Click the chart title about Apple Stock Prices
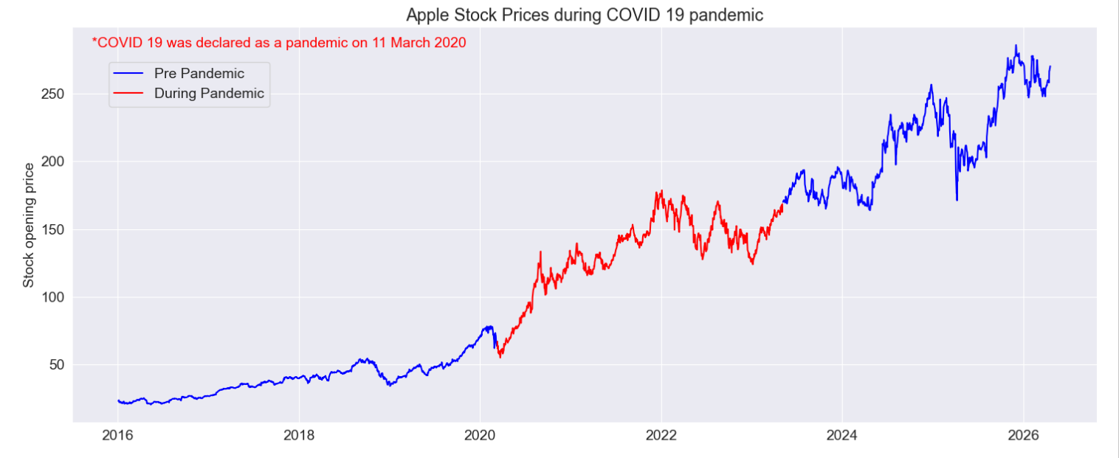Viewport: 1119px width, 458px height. (585, 15)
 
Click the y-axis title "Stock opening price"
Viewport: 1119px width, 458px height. (29, 225)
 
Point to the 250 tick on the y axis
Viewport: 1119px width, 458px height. (53, 94)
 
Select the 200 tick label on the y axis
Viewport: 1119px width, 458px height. (53, 162)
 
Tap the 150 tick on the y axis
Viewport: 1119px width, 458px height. (53, 229)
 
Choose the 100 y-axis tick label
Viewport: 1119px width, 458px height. (53, 297)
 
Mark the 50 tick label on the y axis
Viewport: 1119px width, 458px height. (57, 364)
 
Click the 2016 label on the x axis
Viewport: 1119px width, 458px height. (118, 436)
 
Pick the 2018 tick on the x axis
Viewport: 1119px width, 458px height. (299, 436)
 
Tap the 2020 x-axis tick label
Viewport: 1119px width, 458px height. (480, 436)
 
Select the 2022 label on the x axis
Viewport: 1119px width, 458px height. (661, 436)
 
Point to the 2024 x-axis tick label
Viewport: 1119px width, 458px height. (842, 436)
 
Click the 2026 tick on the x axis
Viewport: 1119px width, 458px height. (1024, 436)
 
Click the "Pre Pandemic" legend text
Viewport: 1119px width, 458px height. (199, 73)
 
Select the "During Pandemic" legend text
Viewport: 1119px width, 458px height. (210, 93)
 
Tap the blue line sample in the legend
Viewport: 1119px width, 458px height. (128, 73)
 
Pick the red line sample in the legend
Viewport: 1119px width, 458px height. (128, 93)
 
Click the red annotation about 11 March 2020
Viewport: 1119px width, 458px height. (279, 43)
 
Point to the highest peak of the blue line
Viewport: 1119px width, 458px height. (1016, 46)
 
